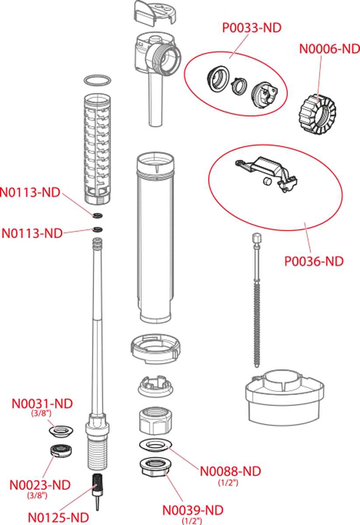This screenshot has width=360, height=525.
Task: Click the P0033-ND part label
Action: (x=252, y=28)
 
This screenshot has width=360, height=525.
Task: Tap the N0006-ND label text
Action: (x=330, y=49)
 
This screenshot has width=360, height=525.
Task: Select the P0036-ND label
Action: (x=314, y=261)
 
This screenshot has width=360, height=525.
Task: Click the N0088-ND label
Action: (x=231, y=471)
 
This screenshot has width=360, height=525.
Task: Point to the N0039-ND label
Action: (x=193, y=510)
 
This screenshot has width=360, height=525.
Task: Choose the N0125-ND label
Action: (x=58, y=518)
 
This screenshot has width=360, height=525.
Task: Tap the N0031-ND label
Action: (x=42, y=404)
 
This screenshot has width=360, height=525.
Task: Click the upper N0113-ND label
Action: (x=30, y=192)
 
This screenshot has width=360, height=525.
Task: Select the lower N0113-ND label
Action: (x=32, y=234)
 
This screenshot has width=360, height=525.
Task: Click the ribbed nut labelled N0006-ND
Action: (x=317, y=114)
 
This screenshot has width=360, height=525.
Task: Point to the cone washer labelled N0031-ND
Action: (x=61, y=431)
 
